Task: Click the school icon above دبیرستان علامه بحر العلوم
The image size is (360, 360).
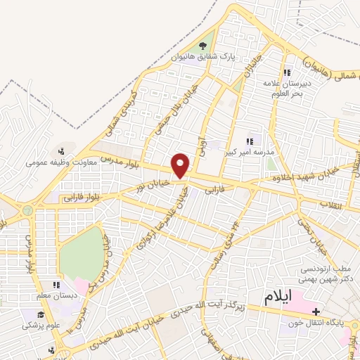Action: click(x=286, y=73)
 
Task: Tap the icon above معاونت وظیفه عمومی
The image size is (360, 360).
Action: click(x=63, y=150)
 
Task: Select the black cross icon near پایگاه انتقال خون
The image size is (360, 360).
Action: click(x=316, y=311)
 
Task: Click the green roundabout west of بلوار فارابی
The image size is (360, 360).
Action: click(x=27, y=210)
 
